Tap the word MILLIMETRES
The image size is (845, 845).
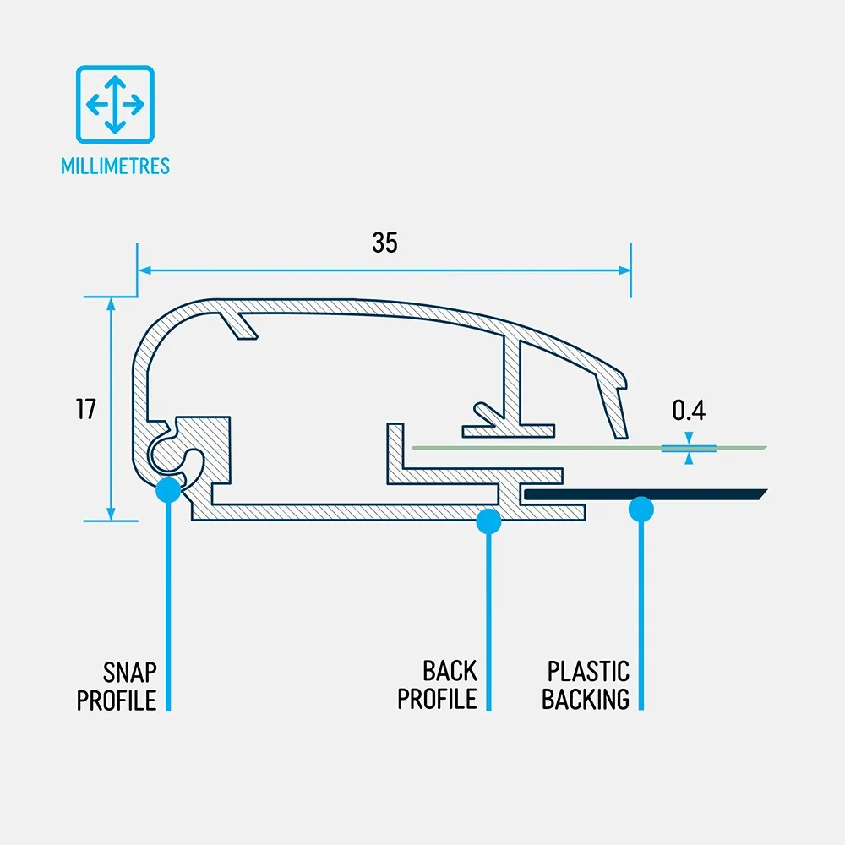[x=115, y=166]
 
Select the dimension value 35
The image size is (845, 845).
[x=384, y=243]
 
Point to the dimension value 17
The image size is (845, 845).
[x=86, y=409]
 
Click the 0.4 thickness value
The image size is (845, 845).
[x=689, y=411]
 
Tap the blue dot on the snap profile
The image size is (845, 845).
[x=168, y=488]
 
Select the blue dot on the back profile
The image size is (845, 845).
[x=488, y=521]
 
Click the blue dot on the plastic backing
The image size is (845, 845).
[x=642, y=509]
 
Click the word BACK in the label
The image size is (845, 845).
[x=450, y=673]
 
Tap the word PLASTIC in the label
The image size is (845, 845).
[x=588, y=673]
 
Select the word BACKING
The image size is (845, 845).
[x=586, y=700]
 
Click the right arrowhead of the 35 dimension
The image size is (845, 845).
[x=624, y=270]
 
